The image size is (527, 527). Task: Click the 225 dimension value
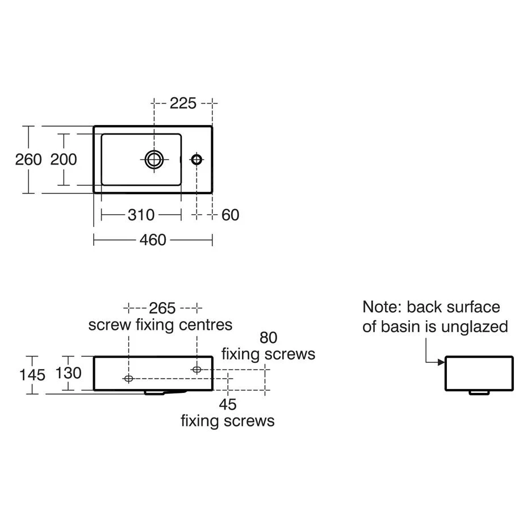coord(183,103)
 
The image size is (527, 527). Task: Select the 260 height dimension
coord(28,160)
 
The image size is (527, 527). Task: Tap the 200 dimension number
coord(64,160)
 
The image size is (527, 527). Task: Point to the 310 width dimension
coord(141,215)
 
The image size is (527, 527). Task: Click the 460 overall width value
coord(153,240)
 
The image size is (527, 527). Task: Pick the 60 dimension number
coord(231,215)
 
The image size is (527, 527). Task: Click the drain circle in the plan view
coord(154,159)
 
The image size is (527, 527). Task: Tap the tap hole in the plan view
coord(196,160)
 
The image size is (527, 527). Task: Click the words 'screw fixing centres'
coord(160,325)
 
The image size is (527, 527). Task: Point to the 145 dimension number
coord(32,375)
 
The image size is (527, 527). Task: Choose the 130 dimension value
coord(68,373)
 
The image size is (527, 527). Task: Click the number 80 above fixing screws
coord(268,337)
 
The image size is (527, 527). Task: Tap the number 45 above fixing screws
coord(228,404)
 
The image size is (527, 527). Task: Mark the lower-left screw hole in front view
coord(128,378)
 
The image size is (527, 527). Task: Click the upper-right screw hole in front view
coord(196,370)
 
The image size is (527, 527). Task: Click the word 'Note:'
coord(383,307)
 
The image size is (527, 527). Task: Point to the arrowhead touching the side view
coord(441,362)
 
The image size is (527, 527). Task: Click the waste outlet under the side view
coord(479,392)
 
